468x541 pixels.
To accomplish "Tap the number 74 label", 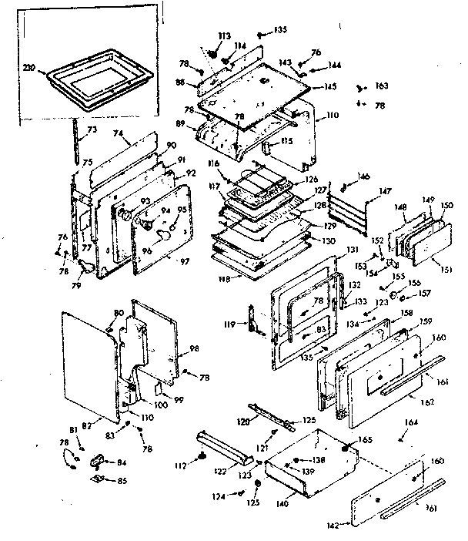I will pos(119,133).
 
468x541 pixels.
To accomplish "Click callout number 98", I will pos(193,350).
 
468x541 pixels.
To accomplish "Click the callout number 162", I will pos(426,402).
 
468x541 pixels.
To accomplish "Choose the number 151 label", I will pos(445,269).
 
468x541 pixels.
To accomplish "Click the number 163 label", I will pos(382,86).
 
